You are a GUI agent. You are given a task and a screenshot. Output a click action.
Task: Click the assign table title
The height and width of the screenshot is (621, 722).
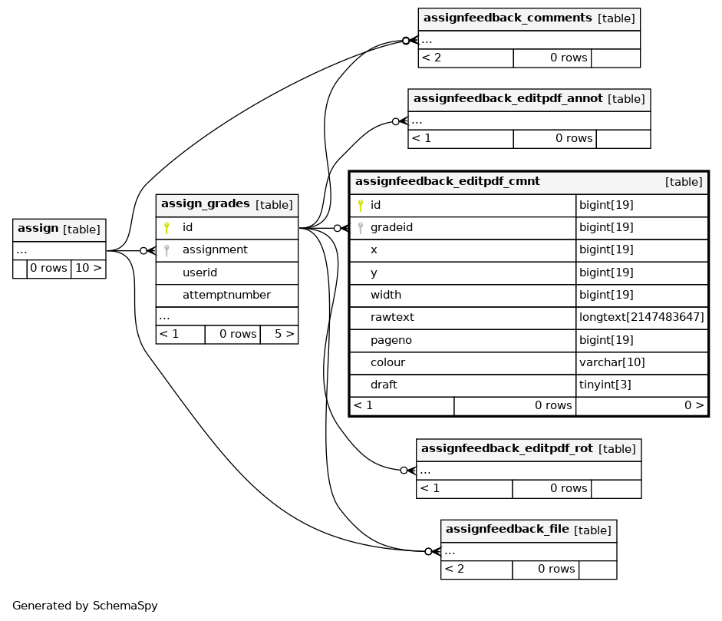(38, 229)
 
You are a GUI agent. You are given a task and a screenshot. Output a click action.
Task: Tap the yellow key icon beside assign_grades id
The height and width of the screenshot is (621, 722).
(166, 227)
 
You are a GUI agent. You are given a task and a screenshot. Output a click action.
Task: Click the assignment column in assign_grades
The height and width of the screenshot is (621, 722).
(215, 249)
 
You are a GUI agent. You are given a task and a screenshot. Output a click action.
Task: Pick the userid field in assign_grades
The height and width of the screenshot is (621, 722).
(199, 273)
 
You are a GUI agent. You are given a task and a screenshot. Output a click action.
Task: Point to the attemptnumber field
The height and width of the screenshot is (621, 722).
(226, 295)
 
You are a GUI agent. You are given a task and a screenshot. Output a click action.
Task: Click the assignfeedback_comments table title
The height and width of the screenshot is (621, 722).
(507, 18)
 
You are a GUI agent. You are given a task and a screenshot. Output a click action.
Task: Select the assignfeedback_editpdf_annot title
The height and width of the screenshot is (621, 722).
(508, 98)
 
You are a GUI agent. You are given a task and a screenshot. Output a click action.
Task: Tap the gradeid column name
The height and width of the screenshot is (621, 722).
(391, 227)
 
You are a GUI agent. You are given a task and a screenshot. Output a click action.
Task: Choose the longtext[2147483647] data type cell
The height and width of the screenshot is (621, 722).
(641, 318)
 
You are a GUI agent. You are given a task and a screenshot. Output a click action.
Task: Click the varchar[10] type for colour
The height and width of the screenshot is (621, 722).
(612, 362)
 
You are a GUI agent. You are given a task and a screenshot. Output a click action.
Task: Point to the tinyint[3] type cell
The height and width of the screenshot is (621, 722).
(605, 385)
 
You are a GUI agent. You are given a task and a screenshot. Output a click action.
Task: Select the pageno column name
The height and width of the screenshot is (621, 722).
(391, 341)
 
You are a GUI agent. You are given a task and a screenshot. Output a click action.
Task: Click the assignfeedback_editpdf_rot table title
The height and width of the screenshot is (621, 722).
(507, 449)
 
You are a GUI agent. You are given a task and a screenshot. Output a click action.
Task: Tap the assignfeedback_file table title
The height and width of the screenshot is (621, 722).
(507, 530)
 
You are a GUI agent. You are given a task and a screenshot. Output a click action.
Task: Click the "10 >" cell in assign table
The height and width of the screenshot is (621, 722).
(88, 269)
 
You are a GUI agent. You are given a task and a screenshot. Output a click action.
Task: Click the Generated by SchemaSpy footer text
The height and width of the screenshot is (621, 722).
(84, 606)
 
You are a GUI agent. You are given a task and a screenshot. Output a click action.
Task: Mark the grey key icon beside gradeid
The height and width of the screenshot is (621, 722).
(361, 227)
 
